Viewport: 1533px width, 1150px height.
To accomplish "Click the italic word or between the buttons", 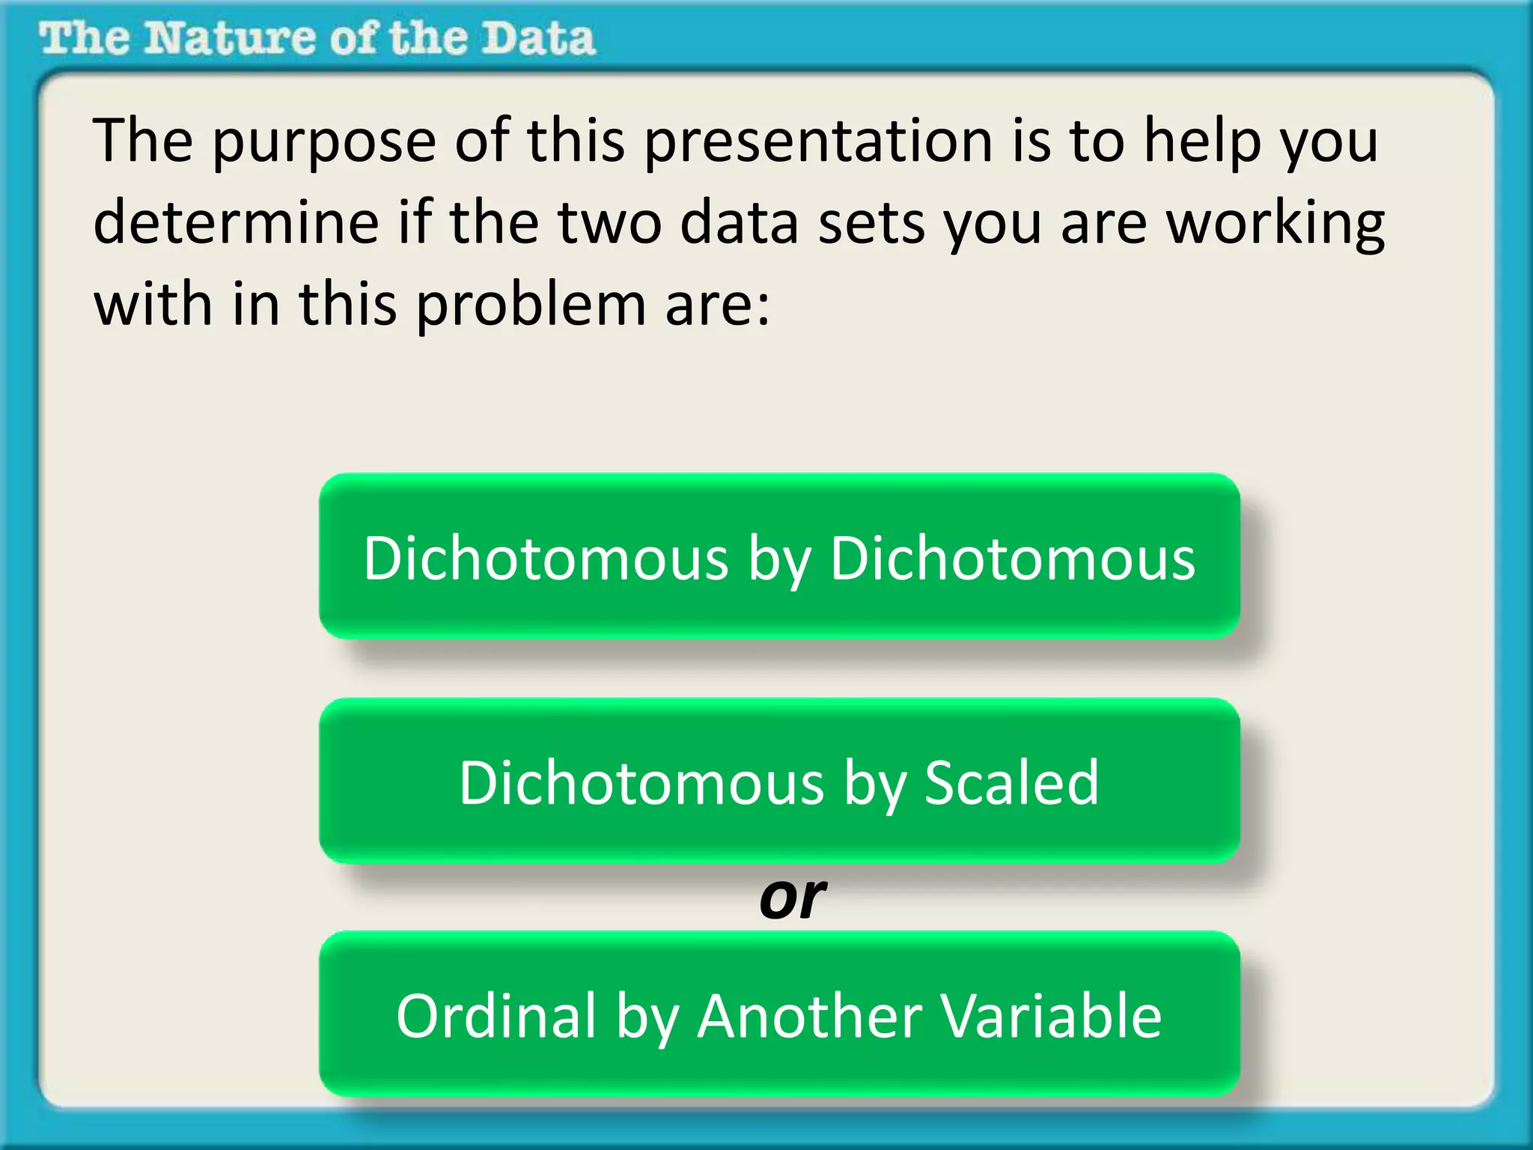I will pyautogui.click(x=792, y=898).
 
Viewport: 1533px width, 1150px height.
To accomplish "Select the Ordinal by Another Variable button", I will pyautogui.click(x=779, y=1014).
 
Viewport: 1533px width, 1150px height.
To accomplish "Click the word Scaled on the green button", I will pyautogui.click(x=1011, y=782).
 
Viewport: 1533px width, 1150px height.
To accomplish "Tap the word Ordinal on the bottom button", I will pyautogui.click(x=496, y=1016).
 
